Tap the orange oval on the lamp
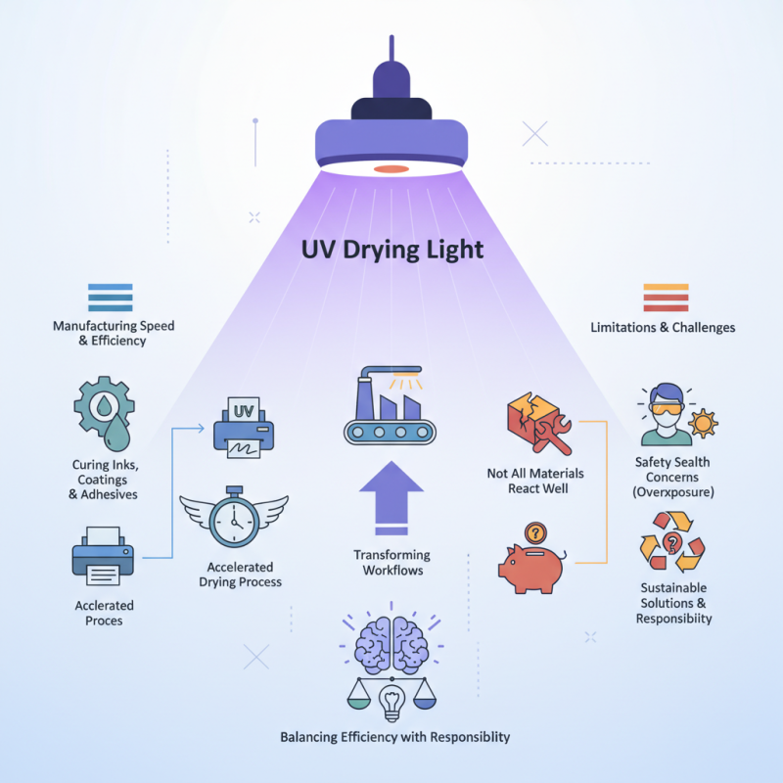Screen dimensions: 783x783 pos(391,169)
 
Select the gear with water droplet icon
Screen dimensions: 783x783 pos(104,412)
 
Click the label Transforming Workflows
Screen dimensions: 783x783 pos(391,562)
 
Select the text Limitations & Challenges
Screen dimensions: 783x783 pos(663,327)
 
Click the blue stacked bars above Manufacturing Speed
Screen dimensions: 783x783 pos(110,298)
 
